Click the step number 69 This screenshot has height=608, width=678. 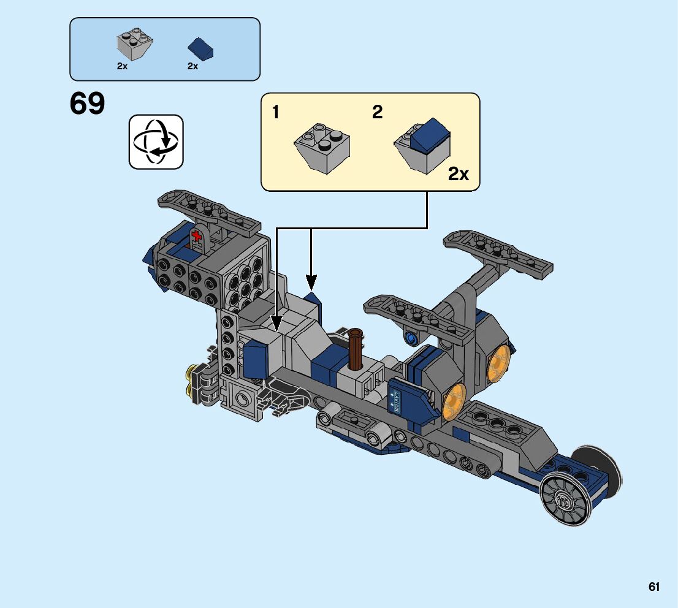click(87, 104)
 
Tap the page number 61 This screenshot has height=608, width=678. click(654, 587)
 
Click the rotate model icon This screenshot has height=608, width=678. click(156, 142)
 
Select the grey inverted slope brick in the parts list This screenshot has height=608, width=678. click(134, 45)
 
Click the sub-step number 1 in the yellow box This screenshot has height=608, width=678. click(276, 112)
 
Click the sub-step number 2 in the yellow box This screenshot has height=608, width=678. click(377, 112)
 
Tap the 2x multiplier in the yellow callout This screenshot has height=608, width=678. click(458, 175)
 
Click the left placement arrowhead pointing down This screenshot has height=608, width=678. click(276, 324)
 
